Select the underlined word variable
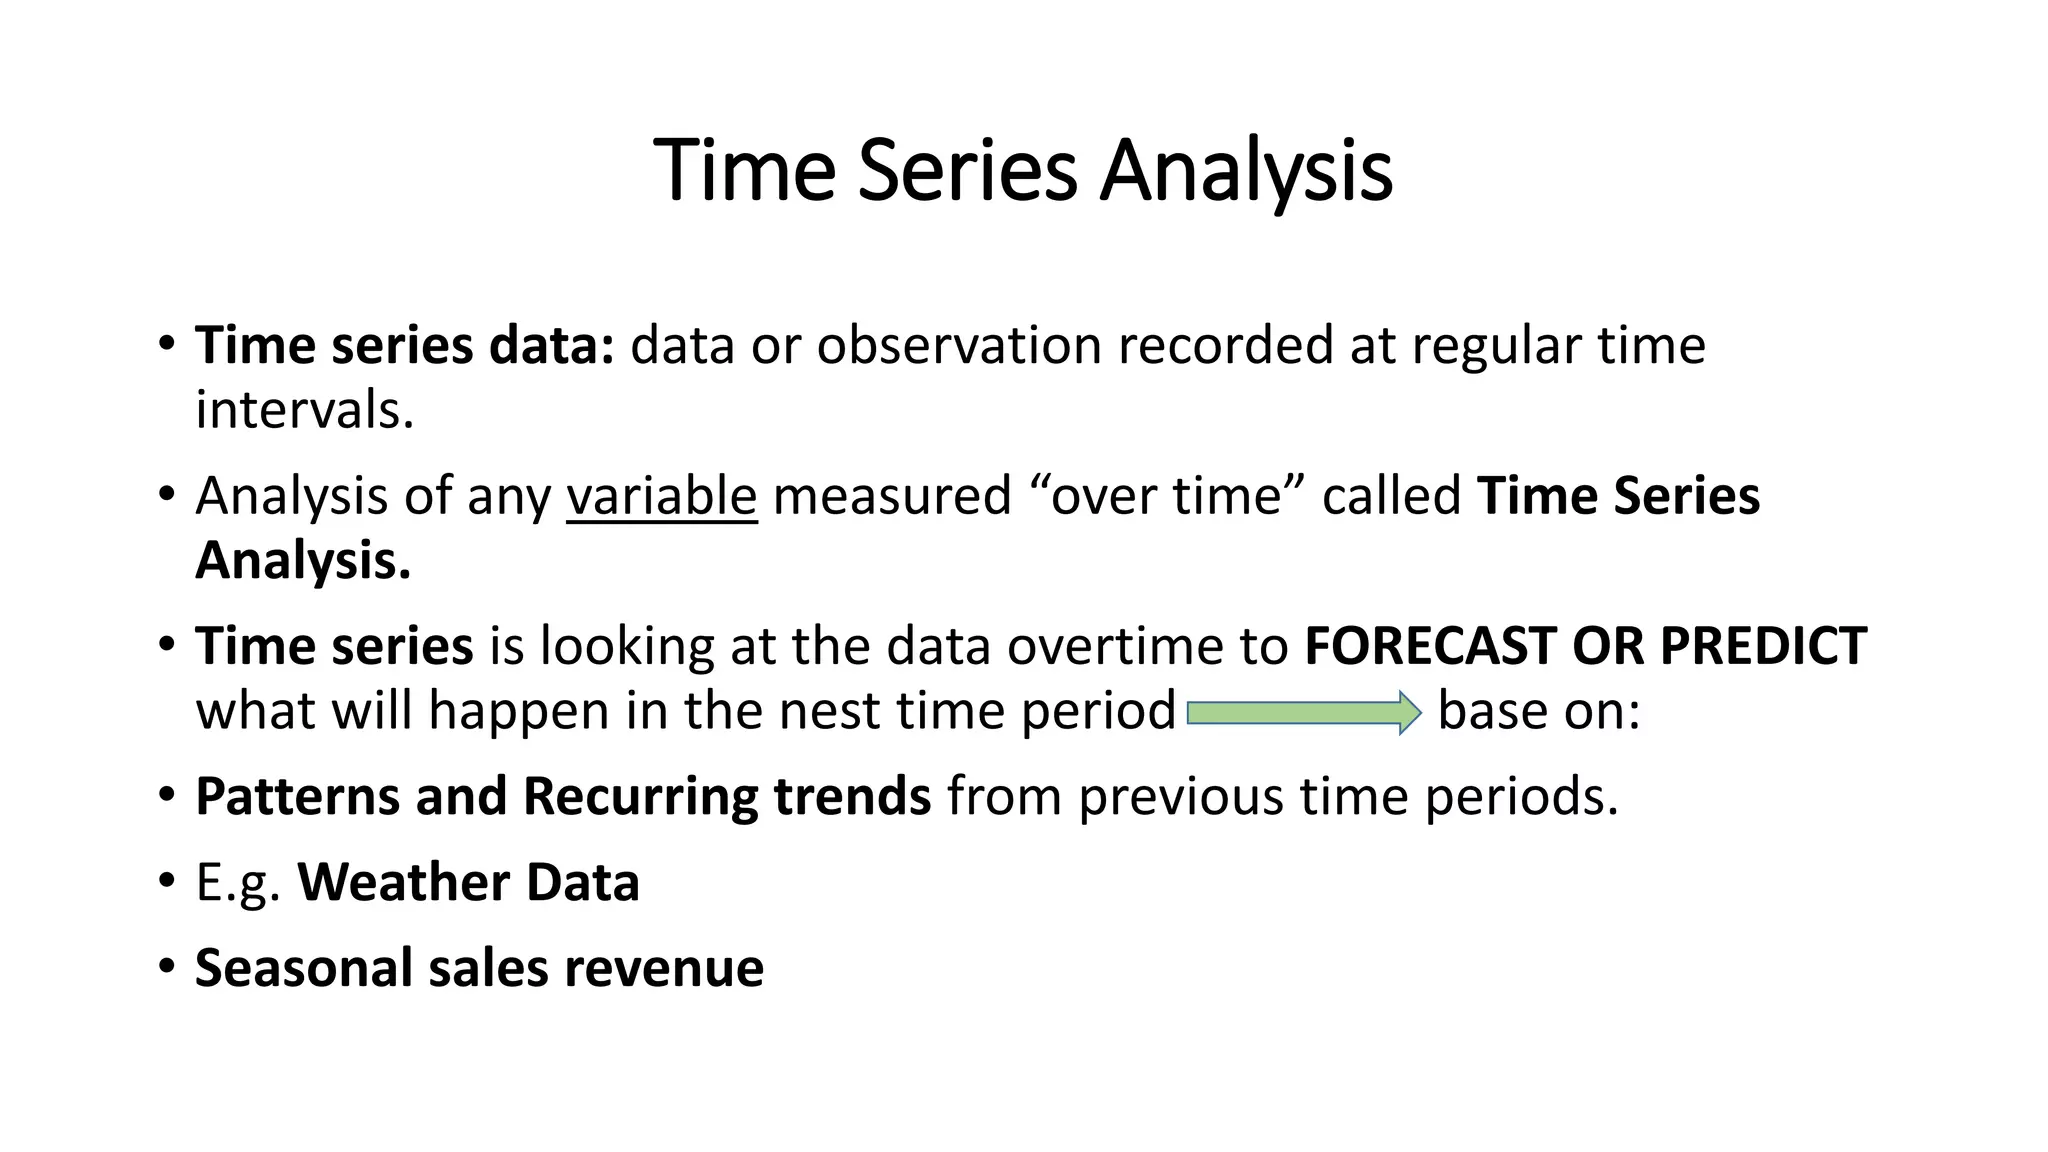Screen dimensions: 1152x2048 tap(661, 496)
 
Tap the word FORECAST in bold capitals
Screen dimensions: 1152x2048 tap(1430, 646)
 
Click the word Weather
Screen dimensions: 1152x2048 tap(404, 882)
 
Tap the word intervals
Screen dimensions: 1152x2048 tap(304, 410)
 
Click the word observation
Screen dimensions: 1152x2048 tap(959, 346)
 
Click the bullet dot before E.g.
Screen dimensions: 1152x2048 tap(167, 881)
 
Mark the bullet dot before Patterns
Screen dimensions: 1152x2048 tap(167, 795)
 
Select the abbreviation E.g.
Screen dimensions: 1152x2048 tap(238, 884)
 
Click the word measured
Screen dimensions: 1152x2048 tap(892, 496)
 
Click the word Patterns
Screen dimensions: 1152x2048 tap(297, 797)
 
